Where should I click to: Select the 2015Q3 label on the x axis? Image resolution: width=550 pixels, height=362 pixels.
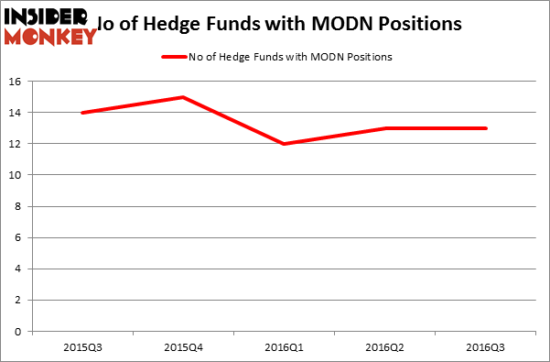tap(83, 349)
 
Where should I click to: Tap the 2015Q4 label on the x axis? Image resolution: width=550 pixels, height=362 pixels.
tap(183, 349)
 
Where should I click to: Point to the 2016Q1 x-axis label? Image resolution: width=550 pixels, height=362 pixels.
tap(285, 349)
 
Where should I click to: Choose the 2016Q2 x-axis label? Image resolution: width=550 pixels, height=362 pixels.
tap(385, 349)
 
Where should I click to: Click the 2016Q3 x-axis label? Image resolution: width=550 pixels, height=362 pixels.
tap(486, 349)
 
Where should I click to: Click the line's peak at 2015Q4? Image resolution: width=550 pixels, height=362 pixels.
tap(183, 97)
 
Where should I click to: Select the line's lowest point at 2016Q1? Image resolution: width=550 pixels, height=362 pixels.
tap(285, 144)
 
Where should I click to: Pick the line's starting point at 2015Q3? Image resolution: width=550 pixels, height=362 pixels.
tap(83, 113)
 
